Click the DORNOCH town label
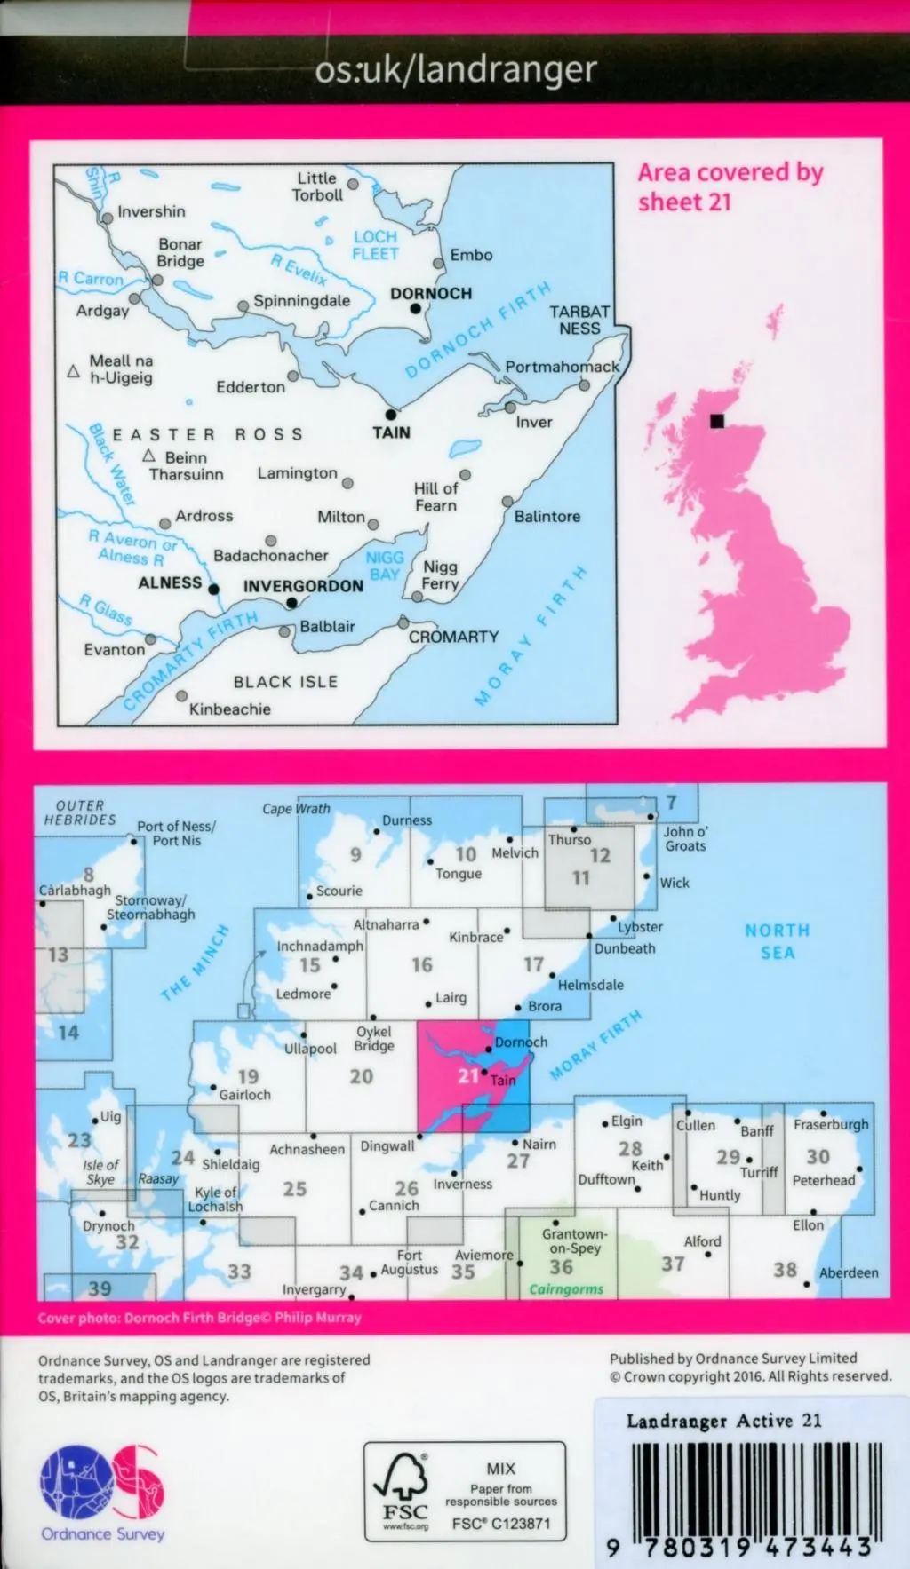pyautogui.click(x=431, y=293)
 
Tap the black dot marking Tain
pyautogui.click(x=390, y=415)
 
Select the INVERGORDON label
pyautogui.click(x=303, y=586)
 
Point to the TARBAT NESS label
pyautogui.click(x=579, y=320)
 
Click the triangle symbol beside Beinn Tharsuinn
pyautogui.click(x=149, y=456)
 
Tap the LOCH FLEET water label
pyautogui.click(x=375, y=245)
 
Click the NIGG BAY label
pyautogui.click(x=385, y=566)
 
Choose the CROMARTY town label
pyautogui.click(x=453, y=637)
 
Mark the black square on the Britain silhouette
pyautogui.click(x=717, y=422)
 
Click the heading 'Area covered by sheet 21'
pyautogui.click(x=730, y=186)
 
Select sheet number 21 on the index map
pyautogui.click(x=468, y=1075)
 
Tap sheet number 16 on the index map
pyautogui.click(x=421, y=964)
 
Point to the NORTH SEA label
pyautogui.click(x=777, y=941)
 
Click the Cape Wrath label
pyautogui.click(x=296, y=809)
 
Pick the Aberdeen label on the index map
pyautogui.click(x=848, y=1272)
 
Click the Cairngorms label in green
pyautogui.click(x=566, y=1289)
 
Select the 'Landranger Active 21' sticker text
pyautogui.click(x=723, y=1421)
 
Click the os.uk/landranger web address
pyautogui.click(x=455, y=69)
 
